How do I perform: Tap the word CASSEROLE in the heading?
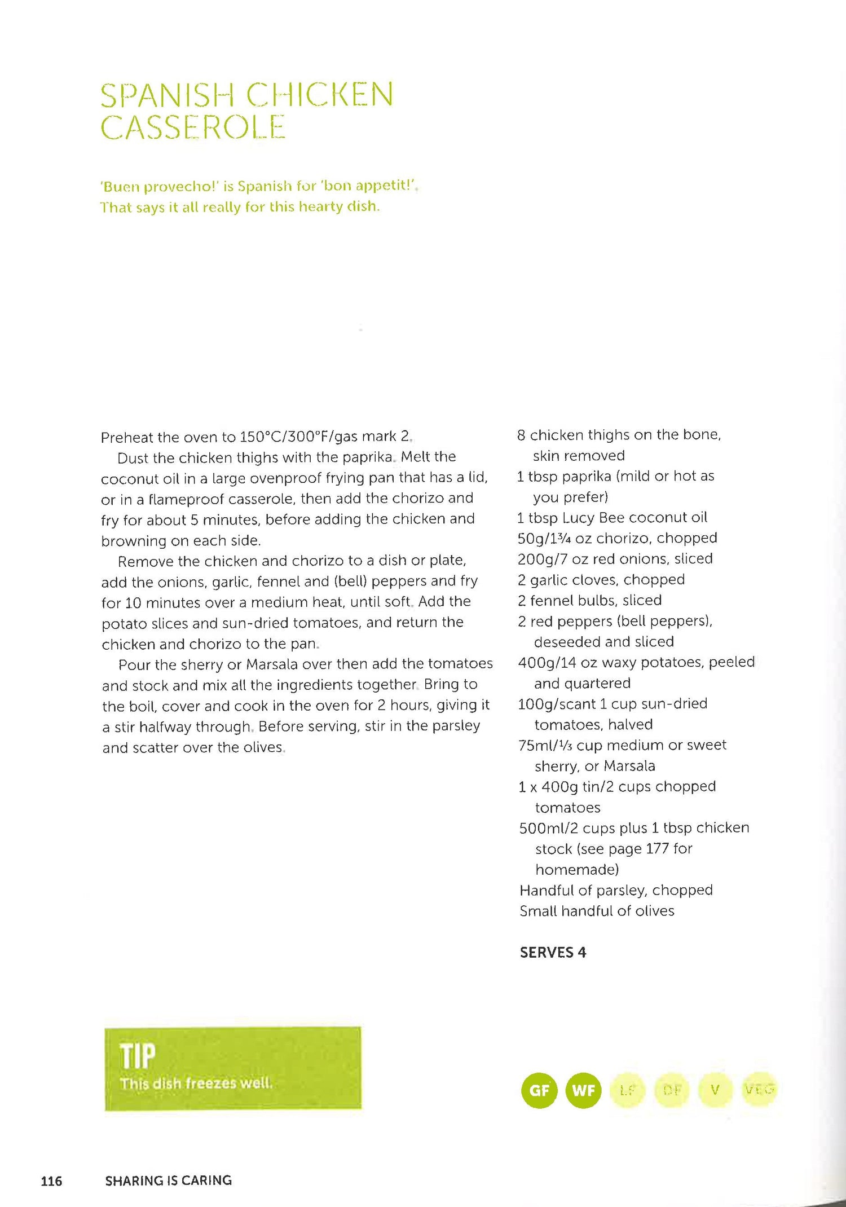(x=193, y=127)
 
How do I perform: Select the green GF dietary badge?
(x=539, y=1090)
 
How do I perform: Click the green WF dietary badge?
(x=583, y=1090)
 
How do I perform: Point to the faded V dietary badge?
(x=715, y=1090)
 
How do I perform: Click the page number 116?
(x=51, y=1180)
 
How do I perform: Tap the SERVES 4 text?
(x=553, y=953)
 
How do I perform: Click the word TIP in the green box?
(x=137, y=1056)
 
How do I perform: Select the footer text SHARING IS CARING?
(x=168, y=1180)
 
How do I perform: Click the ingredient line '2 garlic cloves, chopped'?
(x=601, y=580)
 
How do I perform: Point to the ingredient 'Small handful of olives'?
(x=597, y=911)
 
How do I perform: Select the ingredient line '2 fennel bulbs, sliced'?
(x=590, y=600)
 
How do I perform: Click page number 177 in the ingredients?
(x=657, y=849)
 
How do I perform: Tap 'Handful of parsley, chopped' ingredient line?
(x=616, y=890)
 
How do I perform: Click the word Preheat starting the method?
(x=126, y=438)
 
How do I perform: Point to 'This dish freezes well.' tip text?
(x=196, y=1083)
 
